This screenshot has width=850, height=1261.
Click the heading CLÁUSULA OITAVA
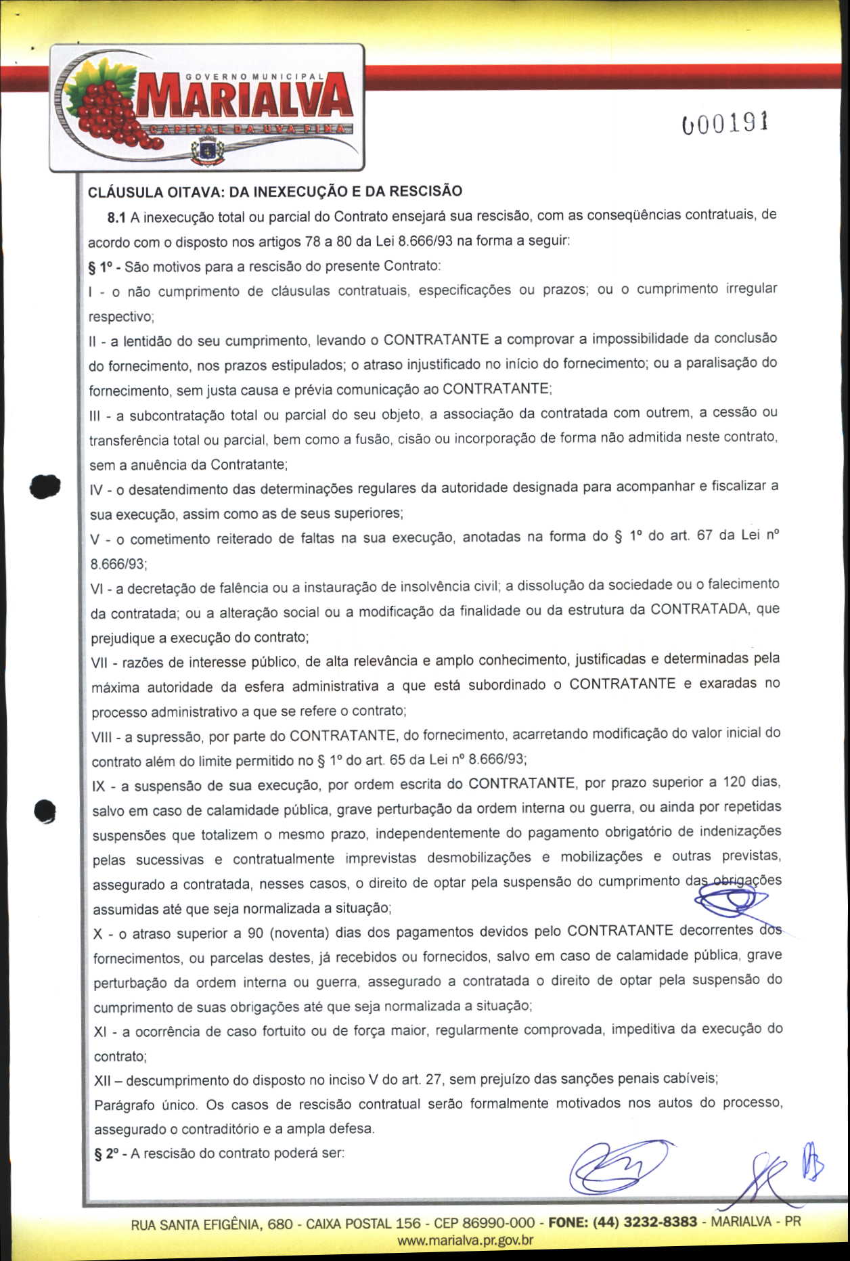[x=275, y=192]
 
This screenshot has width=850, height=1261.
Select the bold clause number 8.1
[x=117, y=218]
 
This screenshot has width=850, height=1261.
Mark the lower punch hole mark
[x=45, y=811]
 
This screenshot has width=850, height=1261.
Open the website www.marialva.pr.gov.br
[x=466, y=1240]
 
